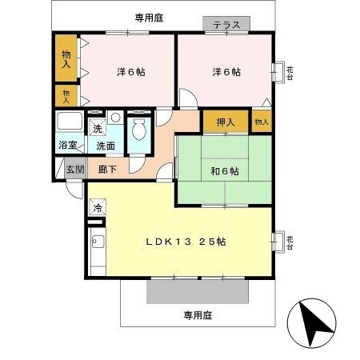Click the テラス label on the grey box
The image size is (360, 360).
(x=226, y=26)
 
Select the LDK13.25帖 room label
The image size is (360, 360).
(x=184, y=242)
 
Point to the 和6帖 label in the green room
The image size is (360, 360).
(x=224, y=170)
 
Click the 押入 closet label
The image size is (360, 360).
(x=225, y=122)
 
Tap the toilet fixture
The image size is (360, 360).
(x=138, y=133)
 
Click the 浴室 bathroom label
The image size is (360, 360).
(x=67, y=146)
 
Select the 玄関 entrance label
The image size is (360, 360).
(x=74, y=169)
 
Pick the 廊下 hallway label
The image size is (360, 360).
(x=109, y=169)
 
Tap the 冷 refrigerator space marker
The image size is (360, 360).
(x=98, y=209)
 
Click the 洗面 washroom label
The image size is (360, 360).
(x=105, y=146)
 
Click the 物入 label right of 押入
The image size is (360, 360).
(x=261, y=122)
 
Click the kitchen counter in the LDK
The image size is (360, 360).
(x=96, y=252)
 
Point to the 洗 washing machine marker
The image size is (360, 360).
(x=96, y=129)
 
